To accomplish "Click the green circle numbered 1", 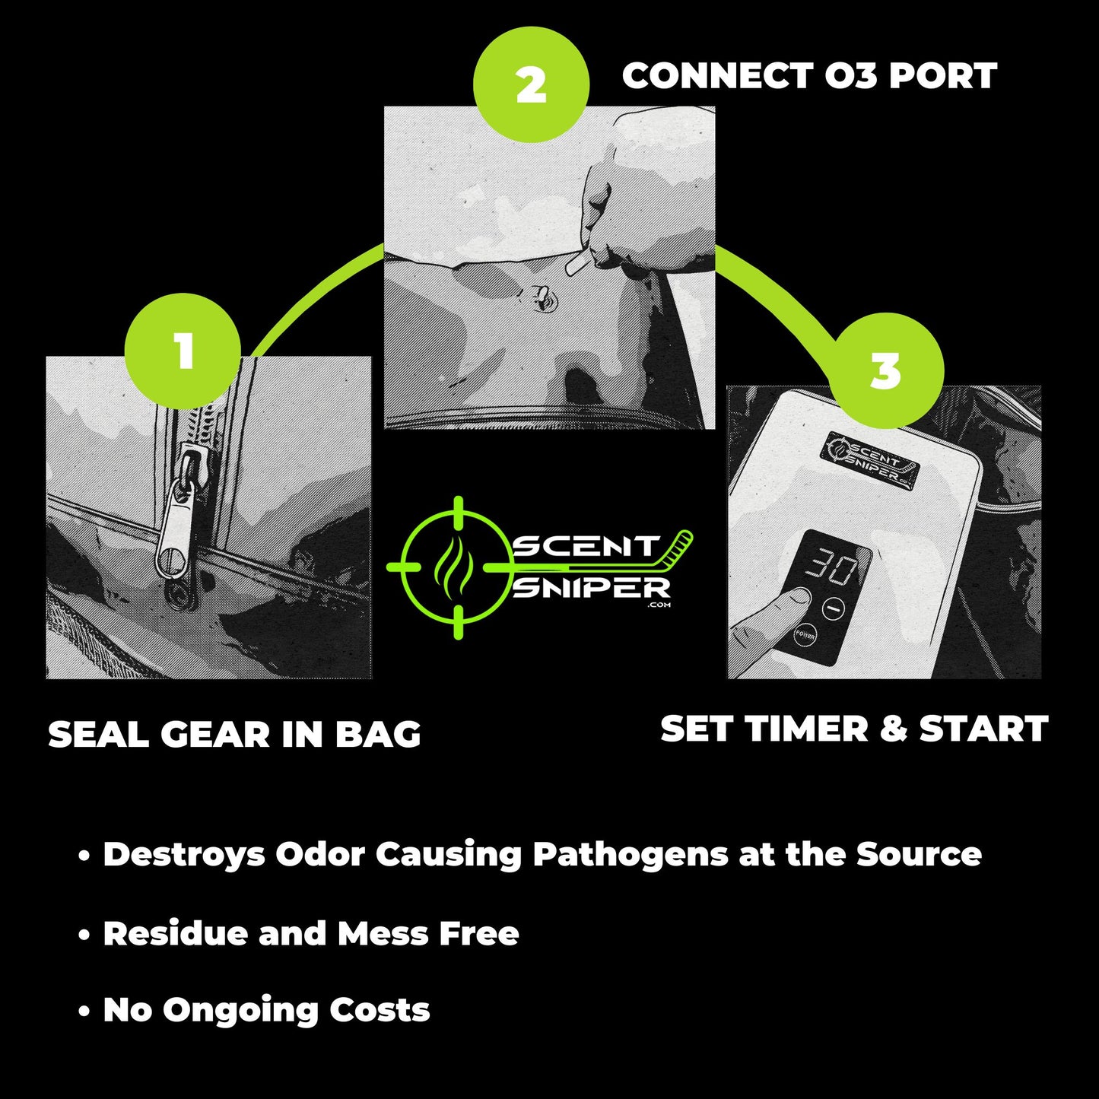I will pos(183,351).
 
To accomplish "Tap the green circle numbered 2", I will pos(531,85).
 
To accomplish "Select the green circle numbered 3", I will pos(885,371).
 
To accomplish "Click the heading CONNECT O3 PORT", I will pos(809,76).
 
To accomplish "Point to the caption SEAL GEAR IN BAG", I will pos(234,735).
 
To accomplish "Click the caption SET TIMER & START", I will pos(854,729).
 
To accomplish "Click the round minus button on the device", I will pos(834,608).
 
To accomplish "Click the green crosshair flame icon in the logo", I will pos(458,567).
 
